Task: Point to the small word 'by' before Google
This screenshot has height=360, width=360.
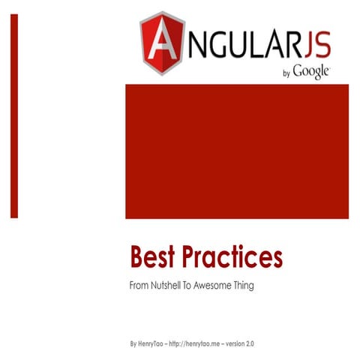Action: coord(286,73)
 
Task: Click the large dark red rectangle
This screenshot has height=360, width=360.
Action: coord(236,151)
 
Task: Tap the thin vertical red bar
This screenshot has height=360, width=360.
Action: coord(14,116)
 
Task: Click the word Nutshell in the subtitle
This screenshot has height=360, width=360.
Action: coord(166,286)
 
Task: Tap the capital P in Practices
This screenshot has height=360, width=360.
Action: coord(193,258)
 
